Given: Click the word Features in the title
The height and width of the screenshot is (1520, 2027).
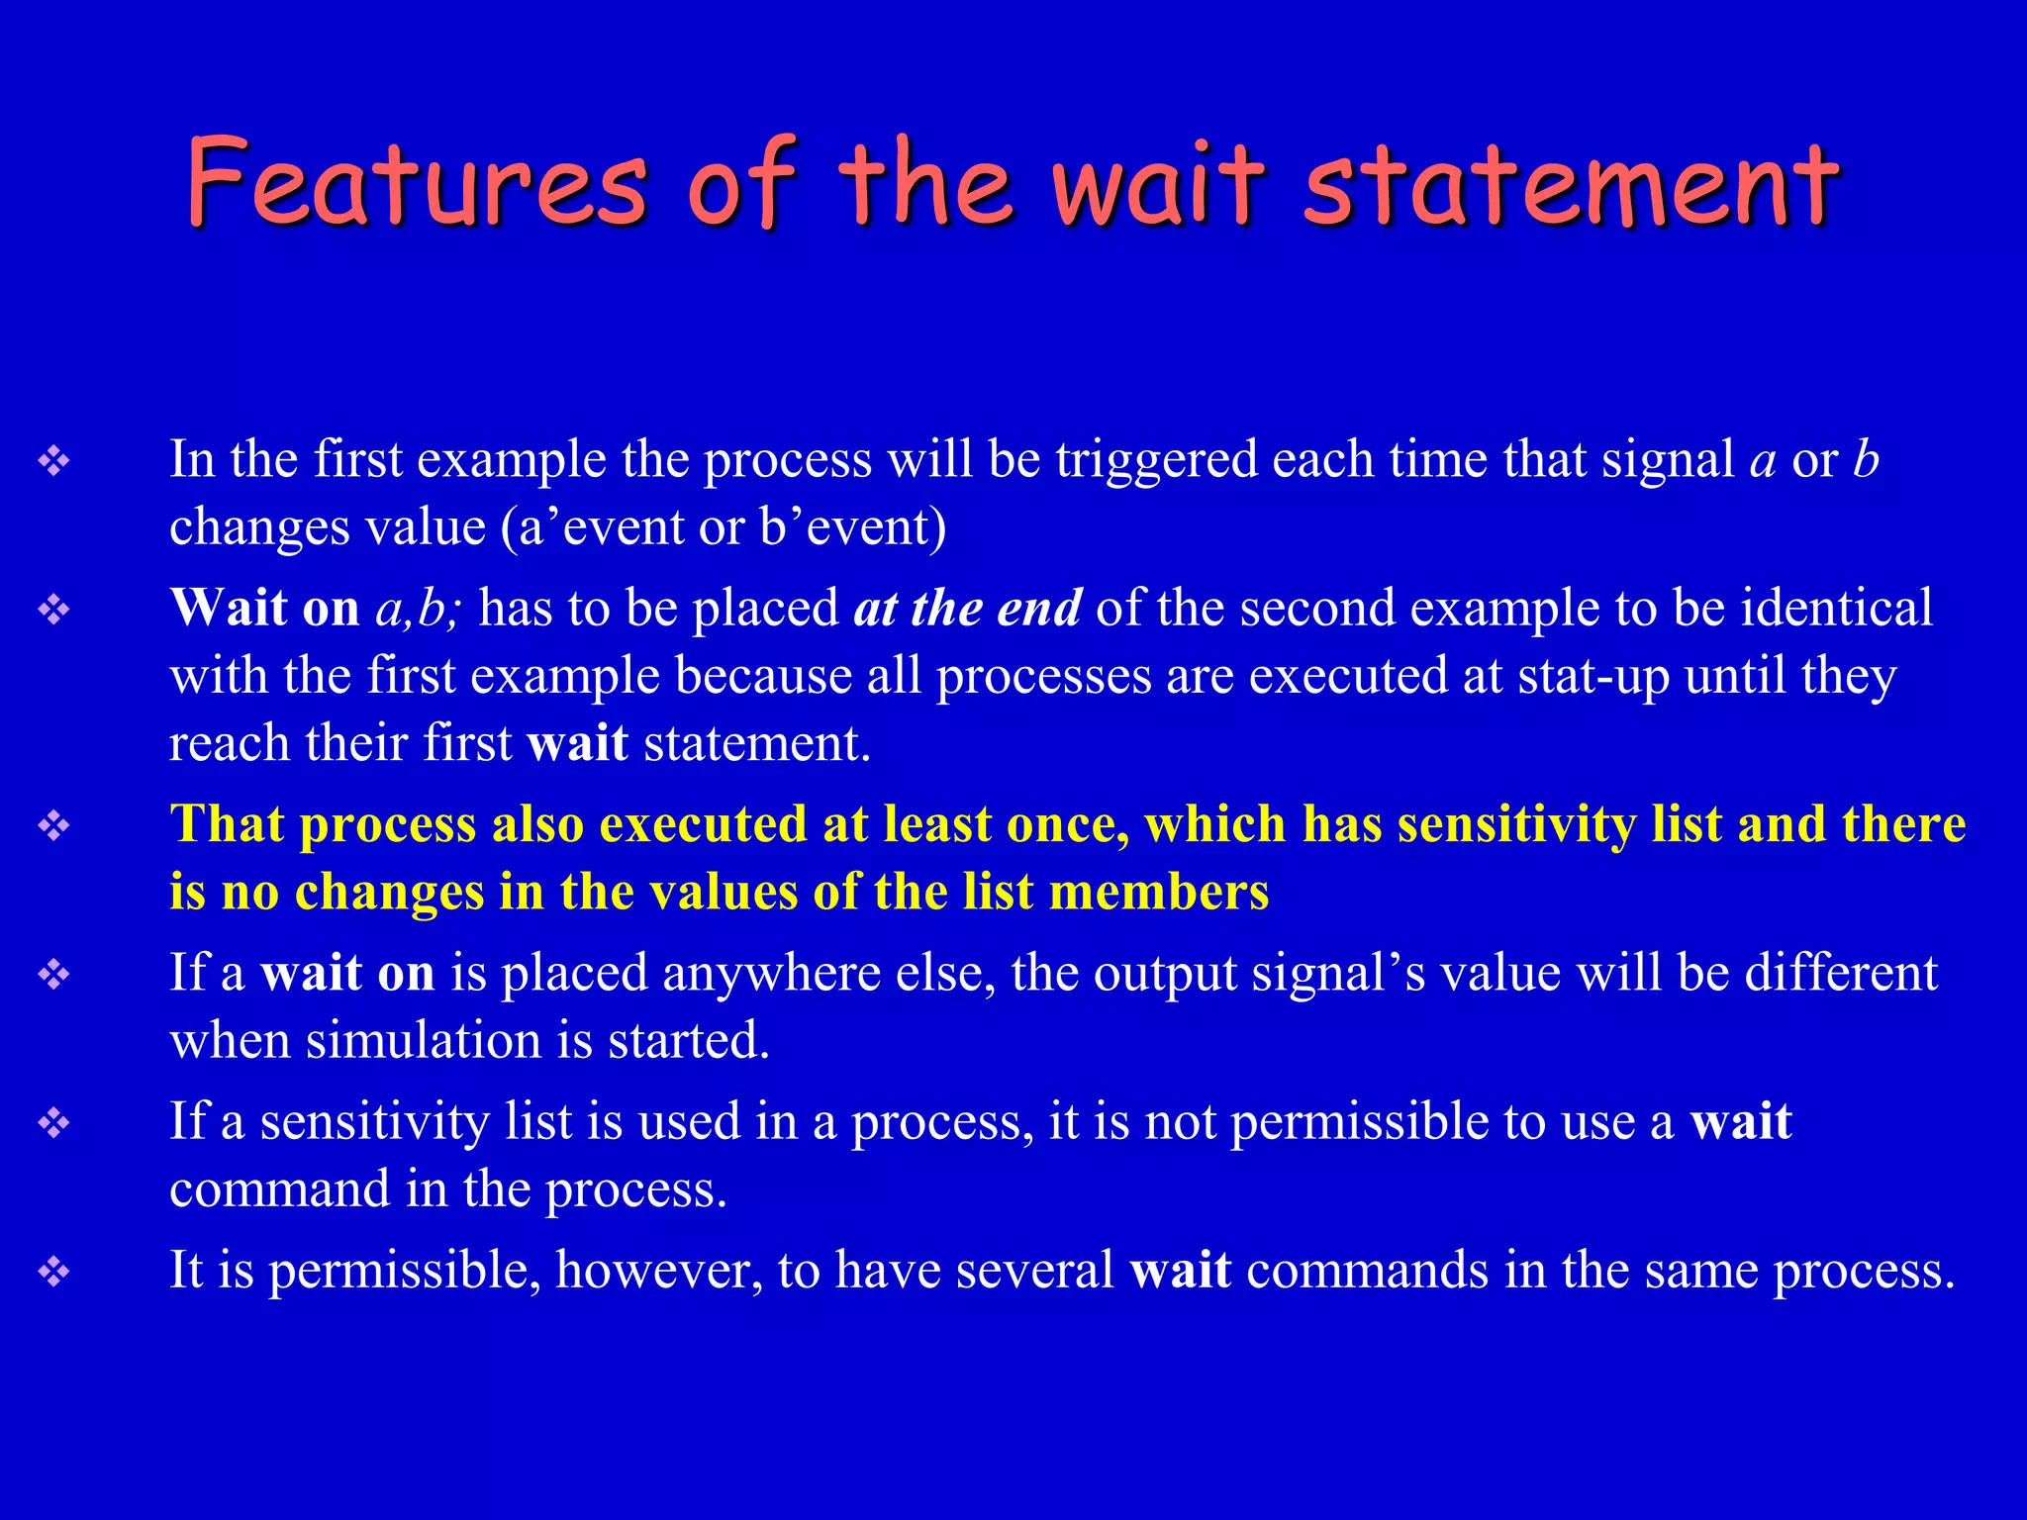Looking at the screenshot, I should [416, 183].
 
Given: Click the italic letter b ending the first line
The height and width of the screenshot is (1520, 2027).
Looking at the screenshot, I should [1866, 460].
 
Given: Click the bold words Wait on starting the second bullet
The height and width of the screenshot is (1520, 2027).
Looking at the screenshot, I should [264, 608].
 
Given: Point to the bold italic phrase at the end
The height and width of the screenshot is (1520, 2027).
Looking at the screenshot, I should [967, 608].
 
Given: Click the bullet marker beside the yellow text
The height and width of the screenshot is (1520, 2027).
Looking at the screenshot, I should [53, 824].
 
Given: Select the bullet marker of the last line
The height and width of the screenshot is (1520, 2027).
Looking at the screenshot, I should [53, 1271].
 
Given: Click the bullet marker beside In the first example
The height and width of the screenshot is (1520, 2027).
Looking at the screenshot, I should [53, 460].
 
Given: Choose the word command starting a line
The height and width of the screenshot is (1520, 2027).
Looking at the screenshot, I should [279, 1189].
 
